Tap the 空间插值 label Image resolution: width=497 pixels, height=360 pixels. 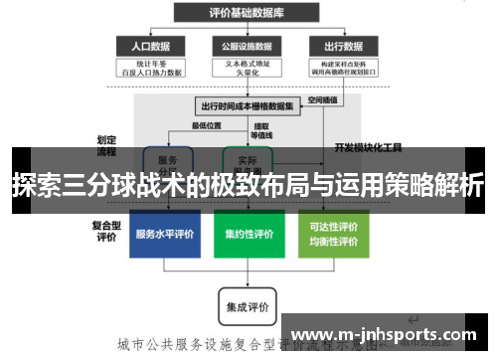coord(323,99)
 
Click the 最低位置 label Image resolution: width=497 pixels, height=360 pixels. coord(206,125)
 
